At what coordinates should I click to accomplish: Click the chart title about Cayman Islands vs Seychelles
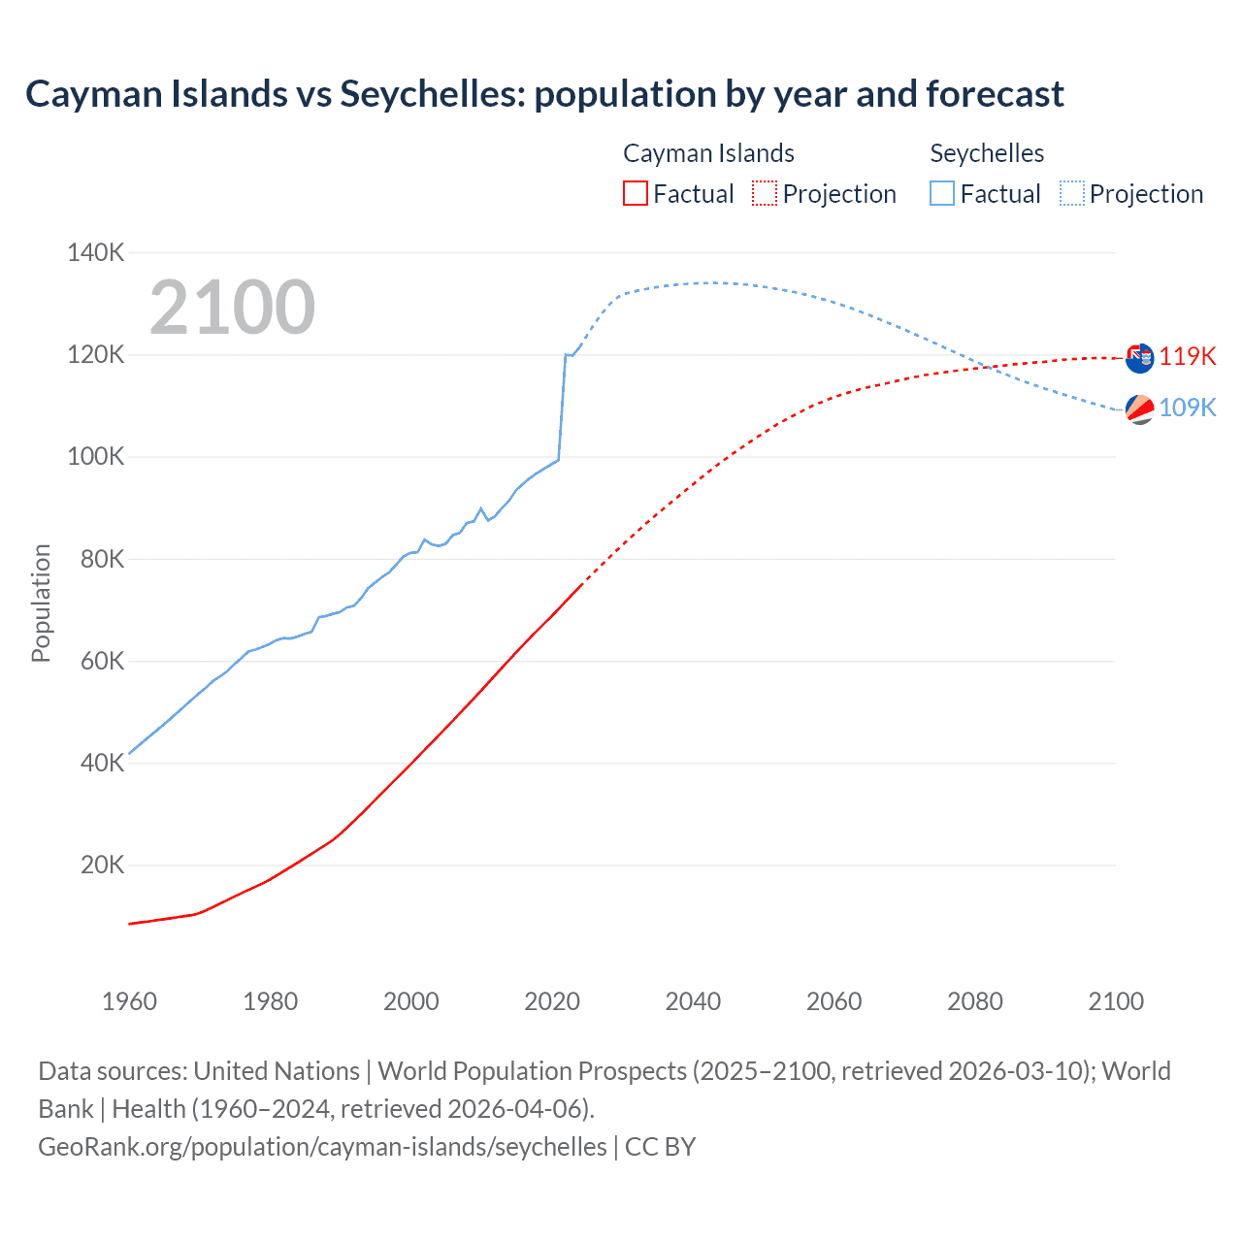(x=544, y=94)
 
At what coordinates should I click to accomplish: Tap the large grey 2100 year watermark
(x=232, y=308)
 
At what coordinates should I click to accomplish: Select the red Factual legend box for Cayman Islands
(x=635, y=193)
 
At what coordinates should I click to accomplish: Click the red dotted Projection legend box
(x=765, y=193)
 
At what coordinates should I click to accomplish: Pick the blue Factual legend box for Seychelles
(x=942, y=193)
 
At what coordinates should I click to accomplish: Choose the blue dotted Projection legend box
(x=1071, y=193)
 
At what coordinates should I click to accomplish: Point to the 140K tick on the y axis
(x=96, y=253)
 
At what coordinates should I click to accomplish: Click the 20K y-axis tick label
(x=103, y=865)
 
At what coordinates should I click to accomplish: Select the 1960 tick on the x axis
(x=129, y=1001)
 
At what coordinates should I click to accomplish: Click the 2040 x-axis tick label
(x=693, y=1001)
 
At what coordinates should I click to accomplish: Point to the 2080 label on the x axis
(x=974, y=1001)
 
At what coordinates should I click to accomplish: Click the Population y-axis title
(x=41, y=603)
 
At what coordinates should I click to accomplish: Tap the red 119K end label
(x=1187, y=356)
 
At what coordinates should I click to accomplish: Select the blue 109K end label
(x=1187, y=408)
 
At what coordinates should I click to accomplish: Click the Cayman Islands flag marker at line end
(x=1139, y=357)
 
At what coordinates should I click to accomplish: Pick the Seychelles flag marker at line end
(x=1139, y=409)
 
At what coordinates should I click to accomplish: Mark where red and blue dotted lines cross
(x=987, y=367)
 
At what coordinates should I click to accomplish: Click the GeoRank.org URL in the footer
(x=322, y=1147)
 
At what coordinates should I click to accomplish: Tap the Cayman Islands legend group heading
(x=708, y=153)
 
